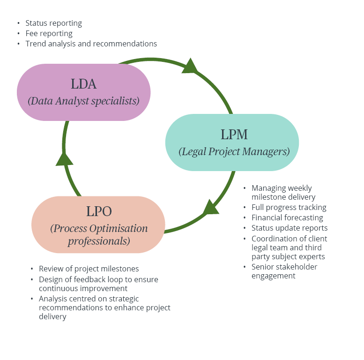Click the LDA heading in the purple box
tap(83, 84)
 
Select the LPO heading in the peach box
tap(99, 211)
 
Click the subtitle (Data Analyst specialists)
tap(83, 101)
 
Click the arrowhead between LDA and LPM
tap(190, 66)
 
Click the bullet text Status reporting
tap(53, 23)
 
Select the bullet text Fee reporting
tap(49, 33)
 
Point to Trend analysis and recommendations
tap(91, 44)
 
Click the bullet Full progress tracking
tap(289, 207)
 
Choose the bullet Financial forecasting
tap(287, 217)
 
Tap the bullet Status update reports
tap(290, 228)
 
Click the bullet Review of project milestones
tap(89, 269)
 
